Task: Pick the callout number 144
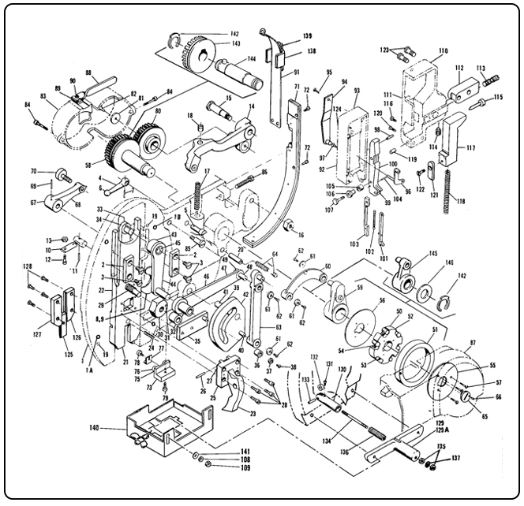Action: pyautogui.click(x=252, y=58)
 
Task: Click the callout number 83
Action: pyautogui.click(x=43, y=95)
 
